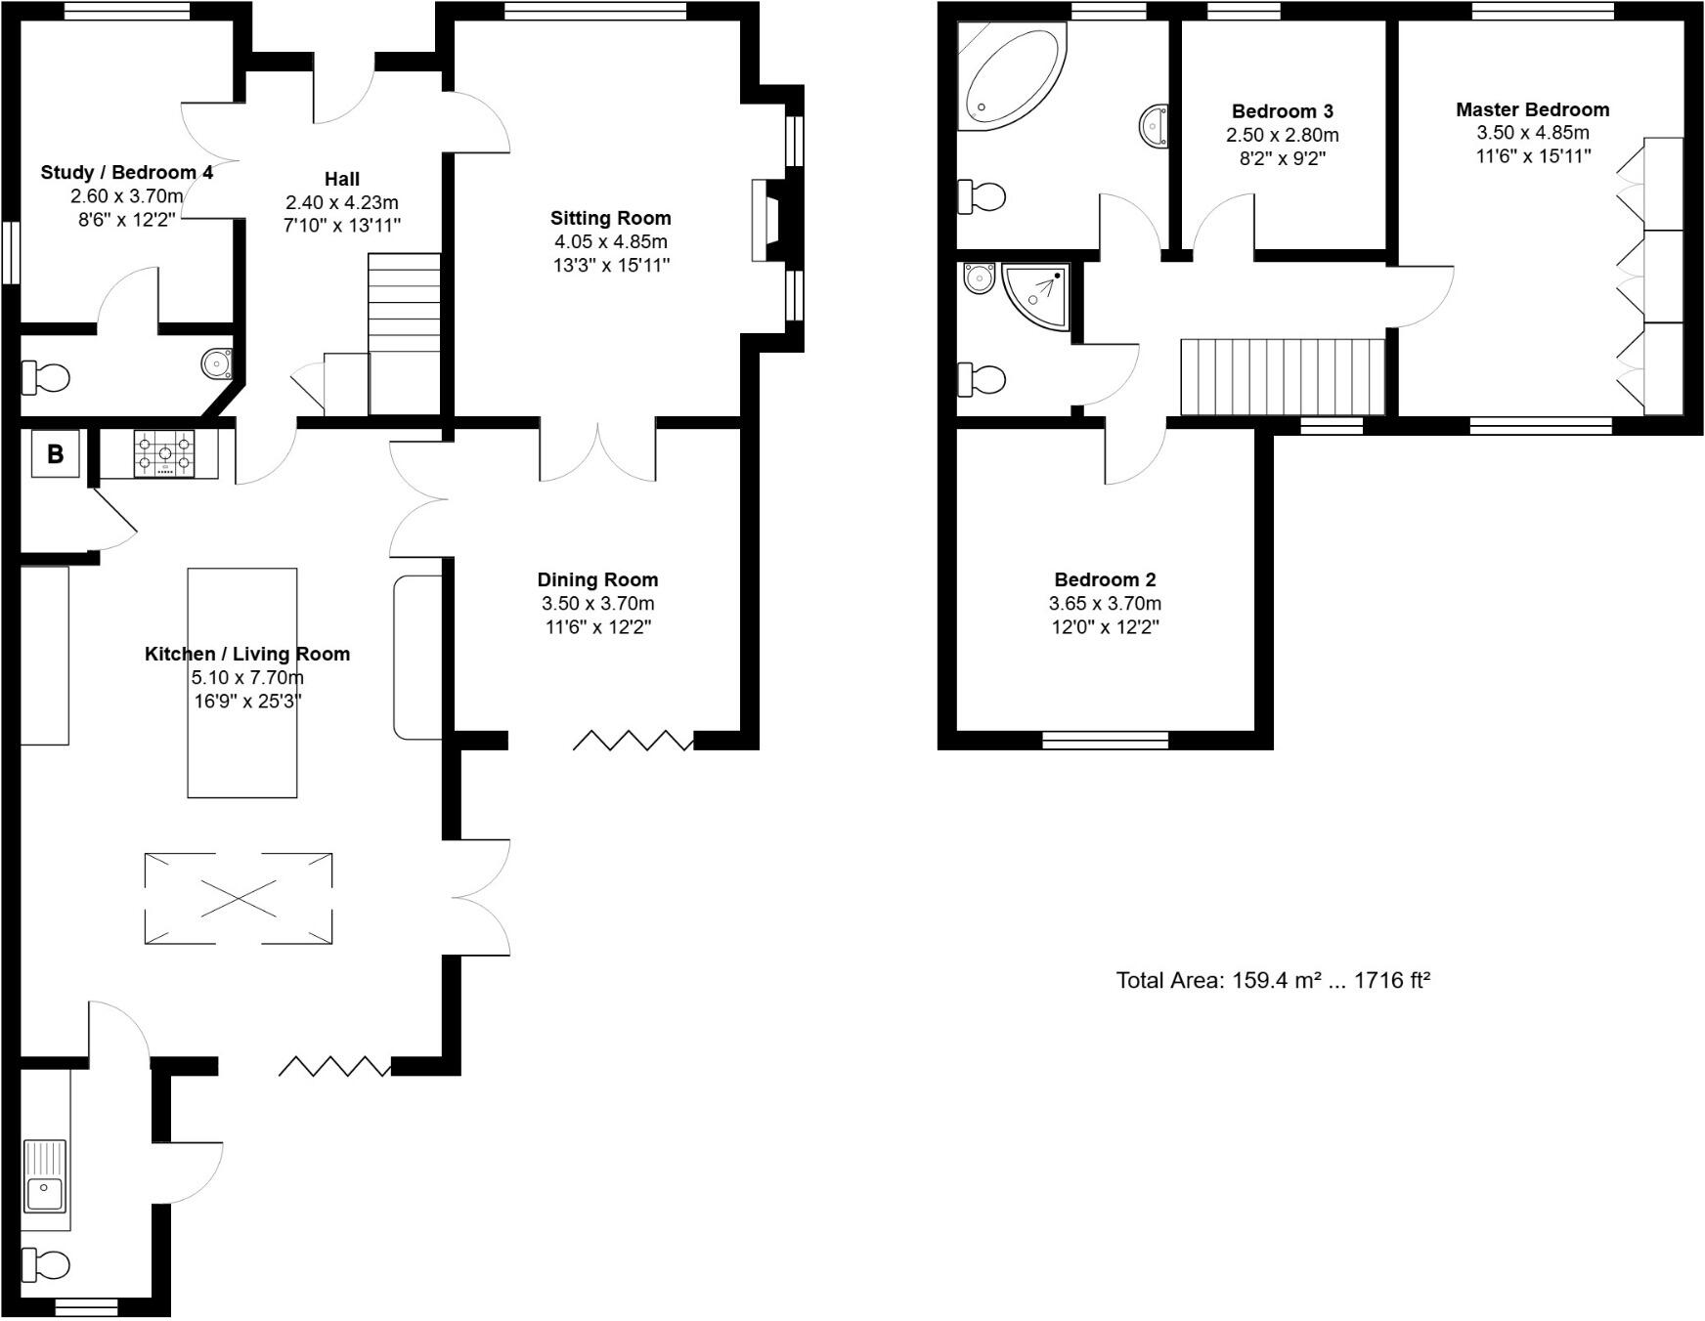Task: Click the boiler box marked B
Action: click(x=56, y=453)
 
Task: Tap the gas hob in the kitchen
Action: click(x=163, y=453)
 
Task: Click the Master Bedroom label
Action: click(x=1532, y=109)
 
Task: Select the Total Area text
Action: click(x=1273, y=980)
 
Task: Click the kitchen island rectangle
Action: click(x=242, y=682)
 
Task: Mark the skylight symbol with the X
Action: click(x=239, y=898)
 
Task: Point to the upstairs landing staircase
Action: click(x=1283, y=377)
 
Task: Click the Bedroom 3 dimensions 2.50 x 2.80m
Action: click(x=1282, y=135)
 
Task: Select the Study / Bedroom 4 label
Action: click(x=126, y=173)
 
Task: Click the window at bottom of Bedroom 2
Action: click(x=1105, y=741)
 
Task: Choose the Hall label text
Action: click(x=341, y=179)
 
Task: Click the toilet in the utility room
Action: click(x=46, y=1264)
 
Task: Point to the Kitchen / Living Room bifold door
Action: click(x=334, y=1066)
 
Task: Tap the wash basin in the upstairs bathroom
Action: click(x=1155, y=126)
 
